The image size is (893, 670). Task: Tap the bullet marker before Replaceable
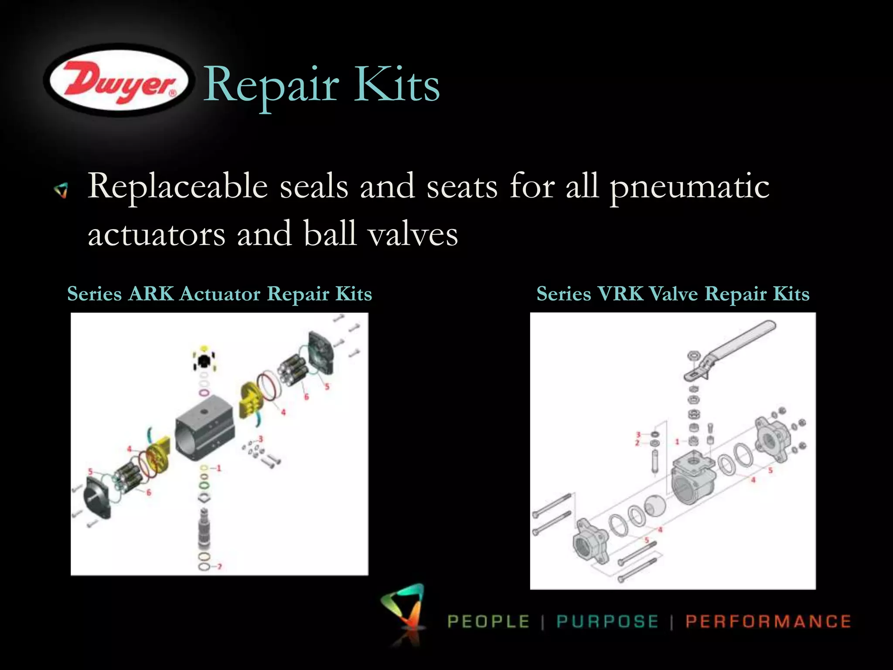[61, 190]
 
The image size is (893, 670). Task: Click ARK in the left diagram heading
[151, 294]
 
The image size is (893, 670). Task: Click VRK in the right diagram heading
[620, 294]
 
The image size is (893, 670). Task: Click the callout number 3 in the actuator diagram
[261, 438]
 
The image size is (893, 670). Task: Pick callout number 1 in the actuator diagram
[219, 468]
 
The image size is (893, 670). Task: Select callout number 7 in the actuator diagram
[219, 567]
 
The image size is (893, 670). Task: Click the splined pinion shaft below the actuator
[204, 528]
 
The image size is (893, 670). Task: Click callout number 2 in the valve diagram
[637, 443]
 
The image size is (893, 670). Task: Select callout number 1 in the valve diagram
[677, 442]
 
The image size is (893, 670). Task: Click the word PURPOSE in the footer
[607, 621]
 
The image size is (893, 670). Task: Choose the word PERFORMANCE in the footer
[768, 621]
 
